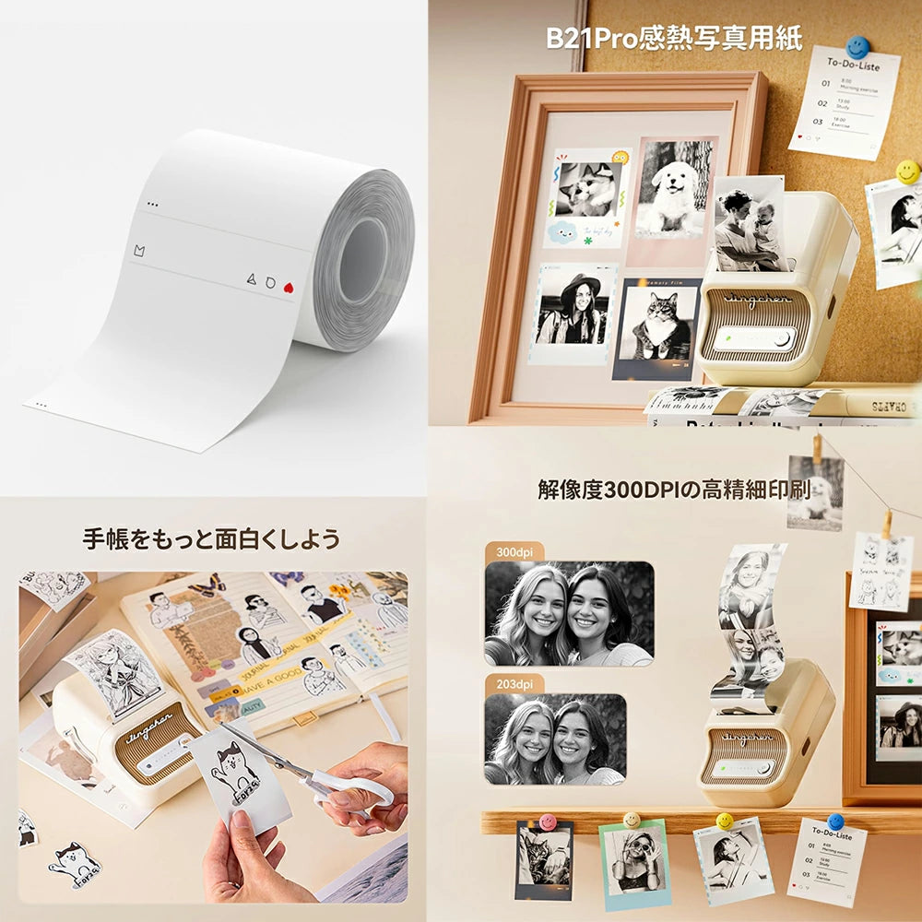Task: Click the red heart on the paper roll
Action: [287, 286]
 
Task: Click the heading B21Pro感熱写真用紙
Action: [674, 39]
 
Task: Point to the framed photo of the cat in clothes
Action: [657, 327]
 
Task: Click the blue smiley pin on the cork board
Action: [857, 47]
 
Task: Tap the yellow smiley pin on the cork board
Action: [907, 171]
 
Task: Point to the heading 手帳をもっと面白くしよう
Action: [211, 538]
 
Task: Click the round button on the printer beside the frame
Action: [782, 338]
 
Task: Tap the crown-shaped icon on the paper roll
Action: [139, 250]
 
